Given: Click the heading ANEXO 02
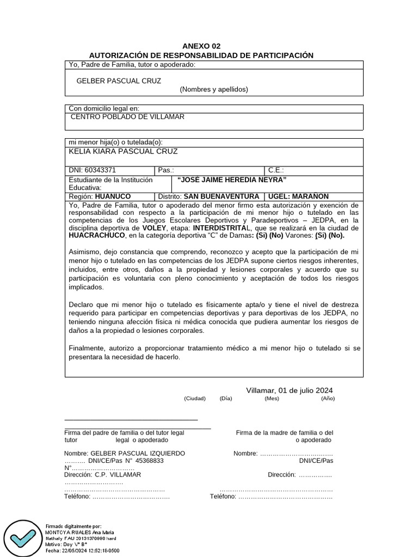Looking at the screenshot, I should coord(201,46).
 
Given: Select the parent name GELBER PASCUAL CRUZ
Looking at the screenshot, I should coord(119,81).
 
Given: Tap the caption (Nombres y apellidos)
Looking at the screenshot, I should coord(214,89).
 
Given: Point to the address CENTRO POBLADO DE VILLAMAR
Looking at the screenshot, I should coord(128,117).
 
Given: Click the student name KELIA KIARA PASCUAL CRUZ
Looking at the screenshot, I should coord(123,151).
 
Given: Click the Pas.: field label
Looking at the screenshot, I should coord(166,170).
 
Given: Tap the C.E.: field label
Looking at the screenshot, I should coord(276,170).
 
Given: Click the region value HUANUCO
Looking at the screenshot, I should coord(113,196).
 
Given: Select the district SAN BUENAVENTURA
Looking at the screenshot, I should coord(222,196).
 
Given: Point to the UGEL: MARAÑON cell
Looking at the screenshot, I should coord(298,196).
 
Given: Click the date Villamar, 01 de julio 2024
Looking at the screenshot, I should coord(289,391).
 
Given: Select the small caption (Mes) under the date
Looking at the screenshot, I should coord(272,398).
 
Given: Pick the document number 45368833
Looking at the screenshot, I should coord(150,460).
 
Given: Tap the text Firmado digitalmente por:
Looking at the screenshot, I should coord(73,526).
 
